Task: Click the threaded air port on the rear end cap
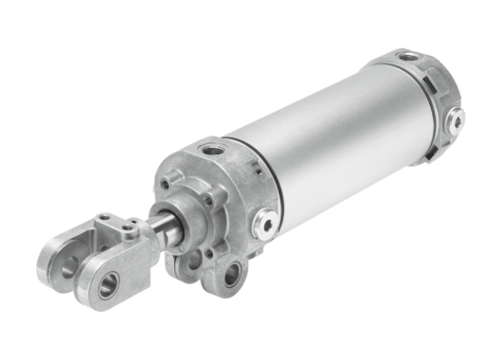point(408,58)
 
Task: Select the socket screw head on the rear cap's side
point(457,120)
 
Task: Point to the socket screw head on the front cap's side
point(268,223)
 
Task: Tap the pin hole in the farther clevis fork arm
point(67,268)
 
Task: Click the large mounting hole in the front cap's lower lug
point(231,276)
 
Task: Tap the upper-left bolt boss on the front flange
point(167,181)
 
